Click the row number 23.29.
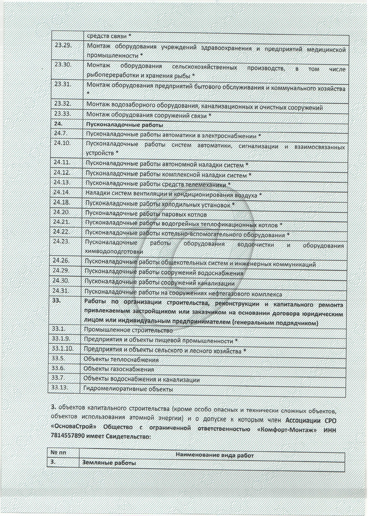pyautogui.click(x=63, y=46)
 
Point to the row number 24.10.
pyautogui.click(x=62, y=143)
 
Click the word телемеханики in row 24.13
pyautogui.click(x=208, y=185)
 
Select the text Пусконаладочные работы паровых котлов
pyautogui.click(x=146, y=215)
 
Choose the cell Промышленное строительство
pyautogui.click(x=128, y=331)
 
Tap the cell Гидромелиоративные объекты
pyautogui.click(x=128, y=389)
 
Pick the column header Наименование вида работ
pyautogui.click(x=214, y=455)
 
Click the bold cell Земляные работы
pyautogui.click(x=109, y=463)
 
